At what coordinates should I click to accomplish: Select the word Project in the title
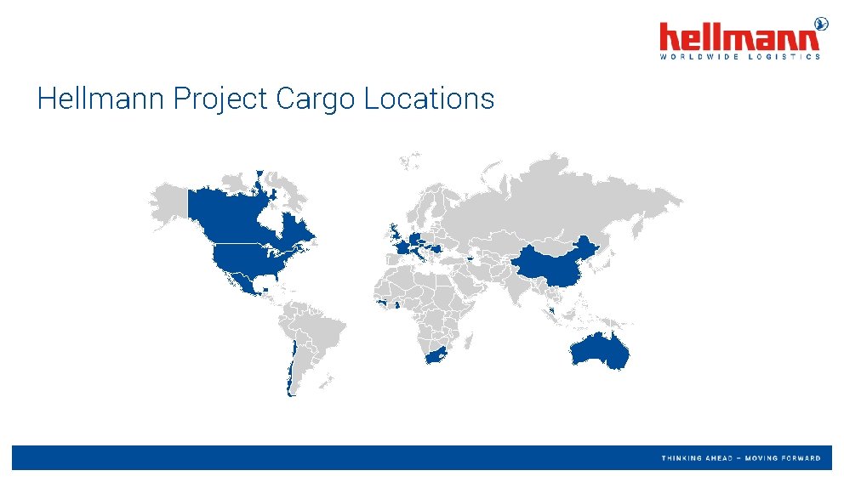221,99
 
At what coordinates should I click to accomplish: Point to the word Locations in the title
429,99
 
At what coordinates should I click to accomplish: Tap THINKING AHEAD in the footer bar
698,458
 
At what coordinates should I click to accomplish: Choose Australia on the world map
600,349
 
